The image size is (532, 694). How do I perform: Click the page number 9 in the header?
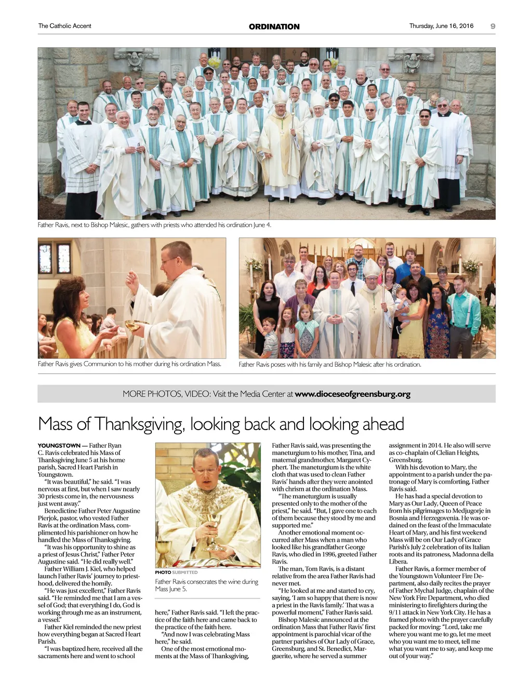coord(493,26)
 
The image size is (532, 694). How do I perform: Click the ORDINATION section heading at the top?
coord(274,26)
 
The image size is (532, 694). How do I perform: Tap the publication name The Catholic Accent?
coord(64,26)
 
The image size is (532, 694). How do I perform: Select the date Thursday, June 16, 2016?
coord(441,26)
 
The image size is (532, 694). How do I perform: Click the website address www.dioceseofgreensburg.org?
coord(352,394)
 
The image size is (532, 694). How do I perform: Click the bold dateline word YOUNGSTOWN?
coord(59,446)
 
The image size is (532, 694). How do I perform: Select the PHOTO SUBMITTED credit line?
coord(176,572)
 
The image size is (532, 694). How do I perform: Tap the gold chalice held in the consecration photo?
coord(213,525)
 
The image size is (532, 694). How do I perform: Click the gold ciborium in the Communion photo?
coord(135,326)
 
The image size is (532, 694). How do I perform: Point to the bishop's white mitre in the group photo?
coord(279,97)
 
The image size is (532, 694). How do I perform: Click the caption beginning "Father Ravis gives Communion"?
coord(129,364)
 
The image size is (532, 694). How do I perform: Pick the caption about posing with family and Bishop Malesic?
coord(330,365)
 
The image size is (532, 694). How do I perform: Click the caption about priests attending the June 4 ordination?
coord(154,225)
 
